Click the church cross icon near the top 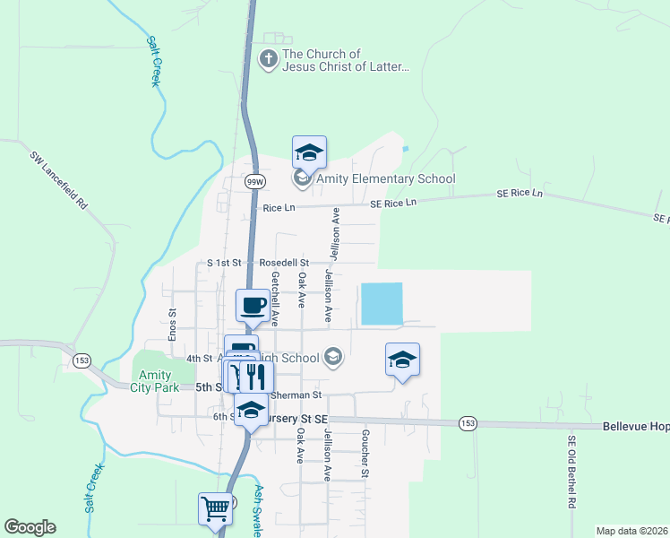click(268, 60)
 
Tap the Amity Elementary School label click(384, 179)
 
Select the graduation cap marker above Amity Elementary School click(309, 152)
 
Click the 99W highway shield click(254, 181)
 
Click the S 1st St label click(224, 263)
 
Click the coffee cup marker click(253, 306)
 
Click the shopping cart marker click(216, 508)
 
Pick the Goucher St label click(365, 453)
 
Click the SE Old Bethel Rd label click(571, 472)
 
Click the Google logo click(30, 527)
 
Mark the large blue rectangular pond click(381, 304)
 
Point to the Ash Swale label click(257, 511)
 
